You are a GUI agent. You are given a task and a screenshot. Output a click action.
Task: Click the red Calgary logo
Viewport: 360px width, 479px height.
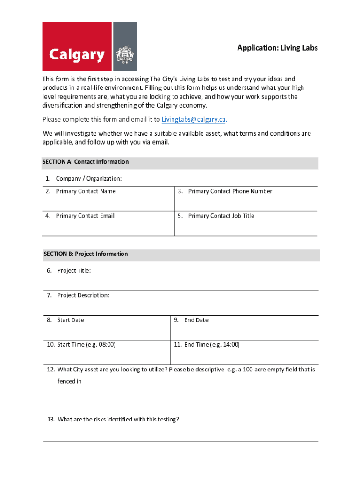click(x=77, y=46)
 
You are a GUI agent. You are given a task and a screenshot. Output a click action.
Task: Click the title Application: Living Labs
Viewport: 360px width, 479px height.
click(x=277, y=48)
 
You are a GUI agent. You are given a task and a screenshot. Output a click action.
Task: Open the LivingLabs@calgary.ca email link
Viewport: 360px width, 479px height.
click(x=194, y=119)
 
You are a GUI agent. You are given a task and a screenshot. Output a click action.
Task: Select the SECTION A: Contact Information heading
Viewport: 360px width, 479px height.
click(x=86, y=162)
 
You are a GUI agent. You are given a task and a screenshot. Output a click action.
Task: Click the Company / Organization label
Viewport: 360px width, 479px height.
click(x=89, y=178)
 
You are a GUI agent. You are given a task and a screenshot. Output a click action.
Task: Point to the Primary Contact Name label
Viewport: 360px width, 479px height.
click(x=86, y=191)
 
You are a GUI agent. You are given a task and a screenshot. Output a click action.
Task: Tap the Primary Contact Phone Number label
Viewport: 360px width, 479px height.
click(x=230, y=191)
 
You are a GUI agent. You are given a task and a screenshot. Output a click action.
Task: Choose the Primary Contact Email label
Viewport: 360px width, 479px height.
click(x=85, y=216)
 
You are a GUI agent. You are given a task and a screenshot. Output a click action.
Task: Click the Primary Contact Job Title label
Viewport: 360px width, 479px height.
click(x=221, y=216)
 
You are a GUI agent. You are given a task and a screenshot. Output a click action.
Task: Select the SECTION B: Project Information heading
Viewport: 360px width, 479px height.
click(x=86, y=254)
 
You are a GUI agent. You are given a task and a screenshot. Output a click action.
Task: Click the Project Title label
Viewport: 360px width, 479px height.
click(x=74, y=271)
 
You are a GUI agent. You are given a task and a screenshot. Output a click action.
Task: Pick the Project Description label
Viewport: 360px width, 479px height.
click(x=83, y=295)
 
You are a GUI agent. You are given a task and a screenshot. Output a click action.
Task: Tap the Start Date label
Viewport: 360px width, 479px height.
click(x=71, y=320)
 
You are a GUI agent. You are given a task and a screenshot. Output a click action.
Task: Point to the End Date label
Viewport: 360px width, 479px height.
click(x=196, y=320)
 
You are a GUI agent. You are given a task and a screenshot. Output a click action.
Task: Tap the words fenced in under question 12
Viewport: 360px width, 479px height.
click(x=70, y=381)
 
